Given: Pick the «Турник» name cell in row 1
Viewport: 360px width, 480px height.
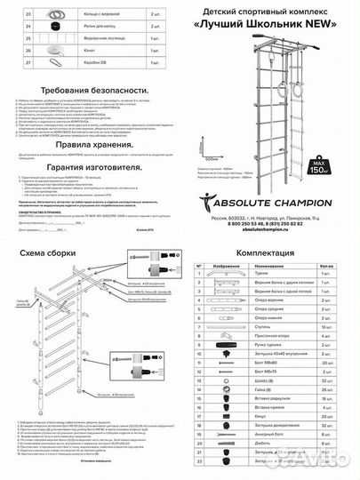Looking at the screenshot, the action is coord(263,276).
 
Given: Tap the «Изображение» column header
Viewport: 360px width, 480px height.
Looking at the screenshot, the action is coord(223,266).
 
